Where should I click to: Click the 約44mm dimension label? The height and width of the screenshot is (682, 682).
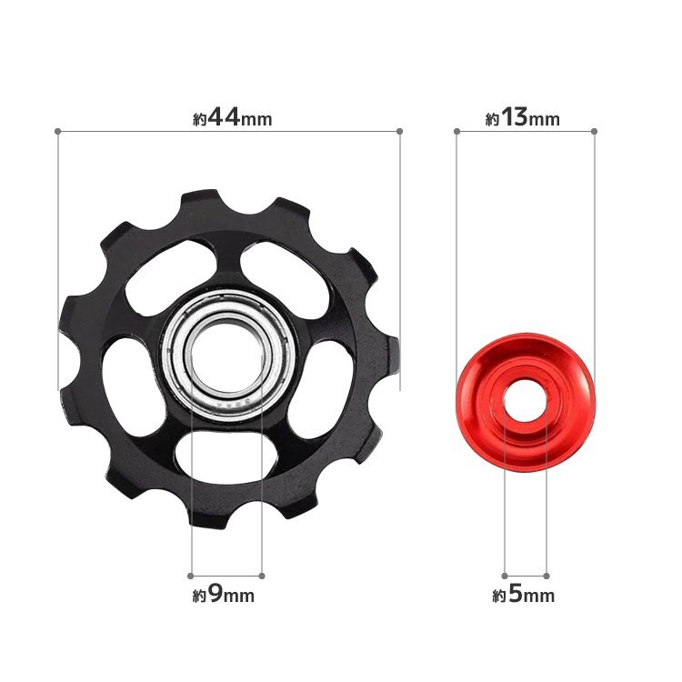232,118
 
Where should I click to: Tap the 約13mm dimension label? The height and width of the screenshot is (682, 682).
522,118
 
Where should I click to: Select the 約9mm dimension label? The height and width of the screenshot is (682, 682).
223,594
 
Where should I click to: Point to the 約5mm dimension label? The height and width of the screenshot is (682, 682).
523,594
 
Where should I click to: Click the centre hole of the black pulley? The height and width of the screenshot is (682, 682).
227,356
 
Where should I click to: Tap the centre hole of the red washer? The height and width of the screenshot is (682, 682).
526,400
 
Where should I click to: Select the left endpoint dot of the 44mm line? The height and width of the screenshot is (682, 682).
57,131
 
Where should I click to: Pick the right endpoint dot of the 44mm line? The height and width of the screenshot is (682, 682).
400,131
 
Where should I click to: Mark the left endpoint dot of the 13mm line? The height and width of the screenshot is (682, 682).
456,131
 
